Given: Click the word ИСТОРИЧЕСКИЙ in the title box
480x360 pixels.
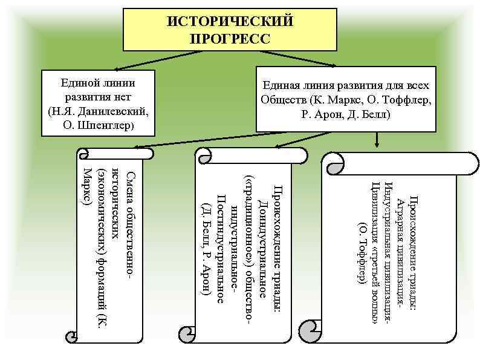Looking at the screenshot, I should click(x=230, y=22).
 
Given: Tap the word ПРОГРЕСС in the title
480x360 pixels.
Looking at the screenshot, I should click(x=230, y=39).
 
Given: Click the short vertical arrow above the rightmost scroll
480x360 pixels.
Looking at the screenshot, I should click(x=377, y=139).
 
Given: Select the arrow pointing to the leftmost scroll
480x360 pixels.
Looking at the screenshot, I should click(x=199, y=140).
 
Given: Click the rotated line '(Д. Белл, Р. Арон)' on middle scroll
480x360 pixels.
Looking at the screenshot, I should click(x=206, y=247).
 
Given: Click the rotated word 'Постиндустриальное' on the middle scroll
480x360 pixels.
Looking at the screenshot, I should click(x=221, y=247).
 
